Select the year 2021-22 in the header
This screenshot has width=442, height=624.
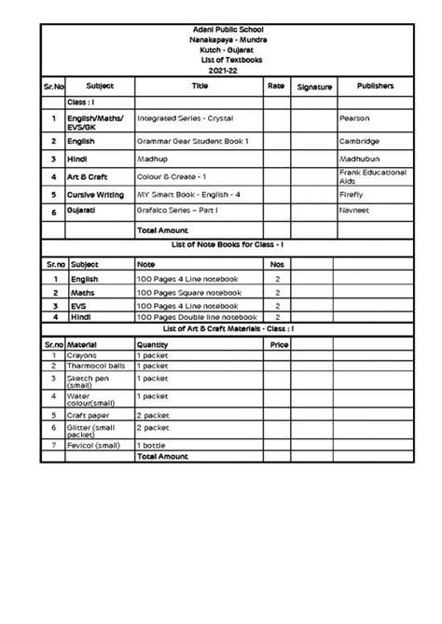pyautogui.click(x=221, y=69)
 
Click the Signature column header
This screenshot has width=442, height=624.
pyautogui.click(x=314, y=87)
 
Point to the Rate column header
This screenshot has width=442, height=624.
pyautogui.click(x=276, y=86)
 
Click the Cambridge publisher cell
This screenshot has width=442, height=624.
pyautogui.click(x=360, y=141)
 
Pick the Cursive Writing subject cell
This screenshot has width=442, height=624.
pyautogui.click(x=97, y=194)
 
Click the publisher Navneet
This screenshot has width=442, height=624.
pyautogui.click(x=355, y=212)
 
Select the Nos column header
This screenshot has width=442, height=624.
pyautogui.click(x=276, y=265)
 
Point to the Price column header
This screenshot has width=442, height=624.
pyautogui.click(x=278, y=343)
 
